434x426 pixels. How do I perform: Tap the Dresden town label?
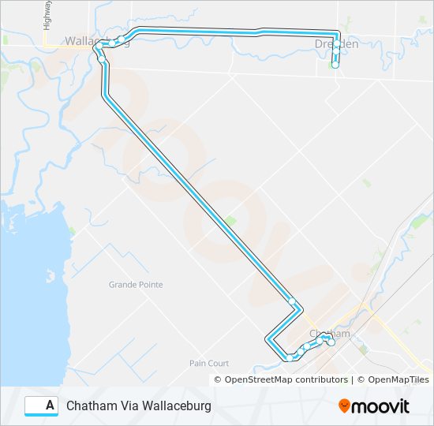pos(335,44)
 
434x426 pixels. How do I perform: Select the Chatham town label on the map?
pos(324,333)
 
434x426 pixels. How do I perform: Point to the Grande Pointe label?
pos(136,285)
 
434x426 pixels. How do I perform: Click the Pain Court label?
pos(209,363)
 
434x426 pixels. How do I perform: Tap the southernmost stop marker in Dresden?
pos(335,65)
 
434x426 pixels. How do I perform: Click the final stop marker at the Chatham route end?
pos(331,342)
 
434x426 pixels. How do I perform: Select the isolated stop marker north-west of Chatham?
pos(292,301)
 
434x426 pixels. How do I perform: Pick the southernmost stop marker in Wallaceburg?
pos(102,59)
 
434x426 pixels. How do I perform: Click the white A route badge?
pos(42,405)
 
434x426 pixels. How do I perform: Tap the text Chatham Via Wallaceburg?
pos(139,405)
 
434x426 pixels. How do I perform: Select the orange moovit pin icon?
pos(346,406)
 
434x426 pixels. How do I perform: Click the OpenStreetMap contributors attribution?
pos(286,379)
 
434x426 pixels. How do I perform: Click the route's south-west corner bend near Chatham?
pos(268,339)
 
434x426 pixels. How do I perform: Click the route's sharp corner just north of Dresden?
pos(337,32)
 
